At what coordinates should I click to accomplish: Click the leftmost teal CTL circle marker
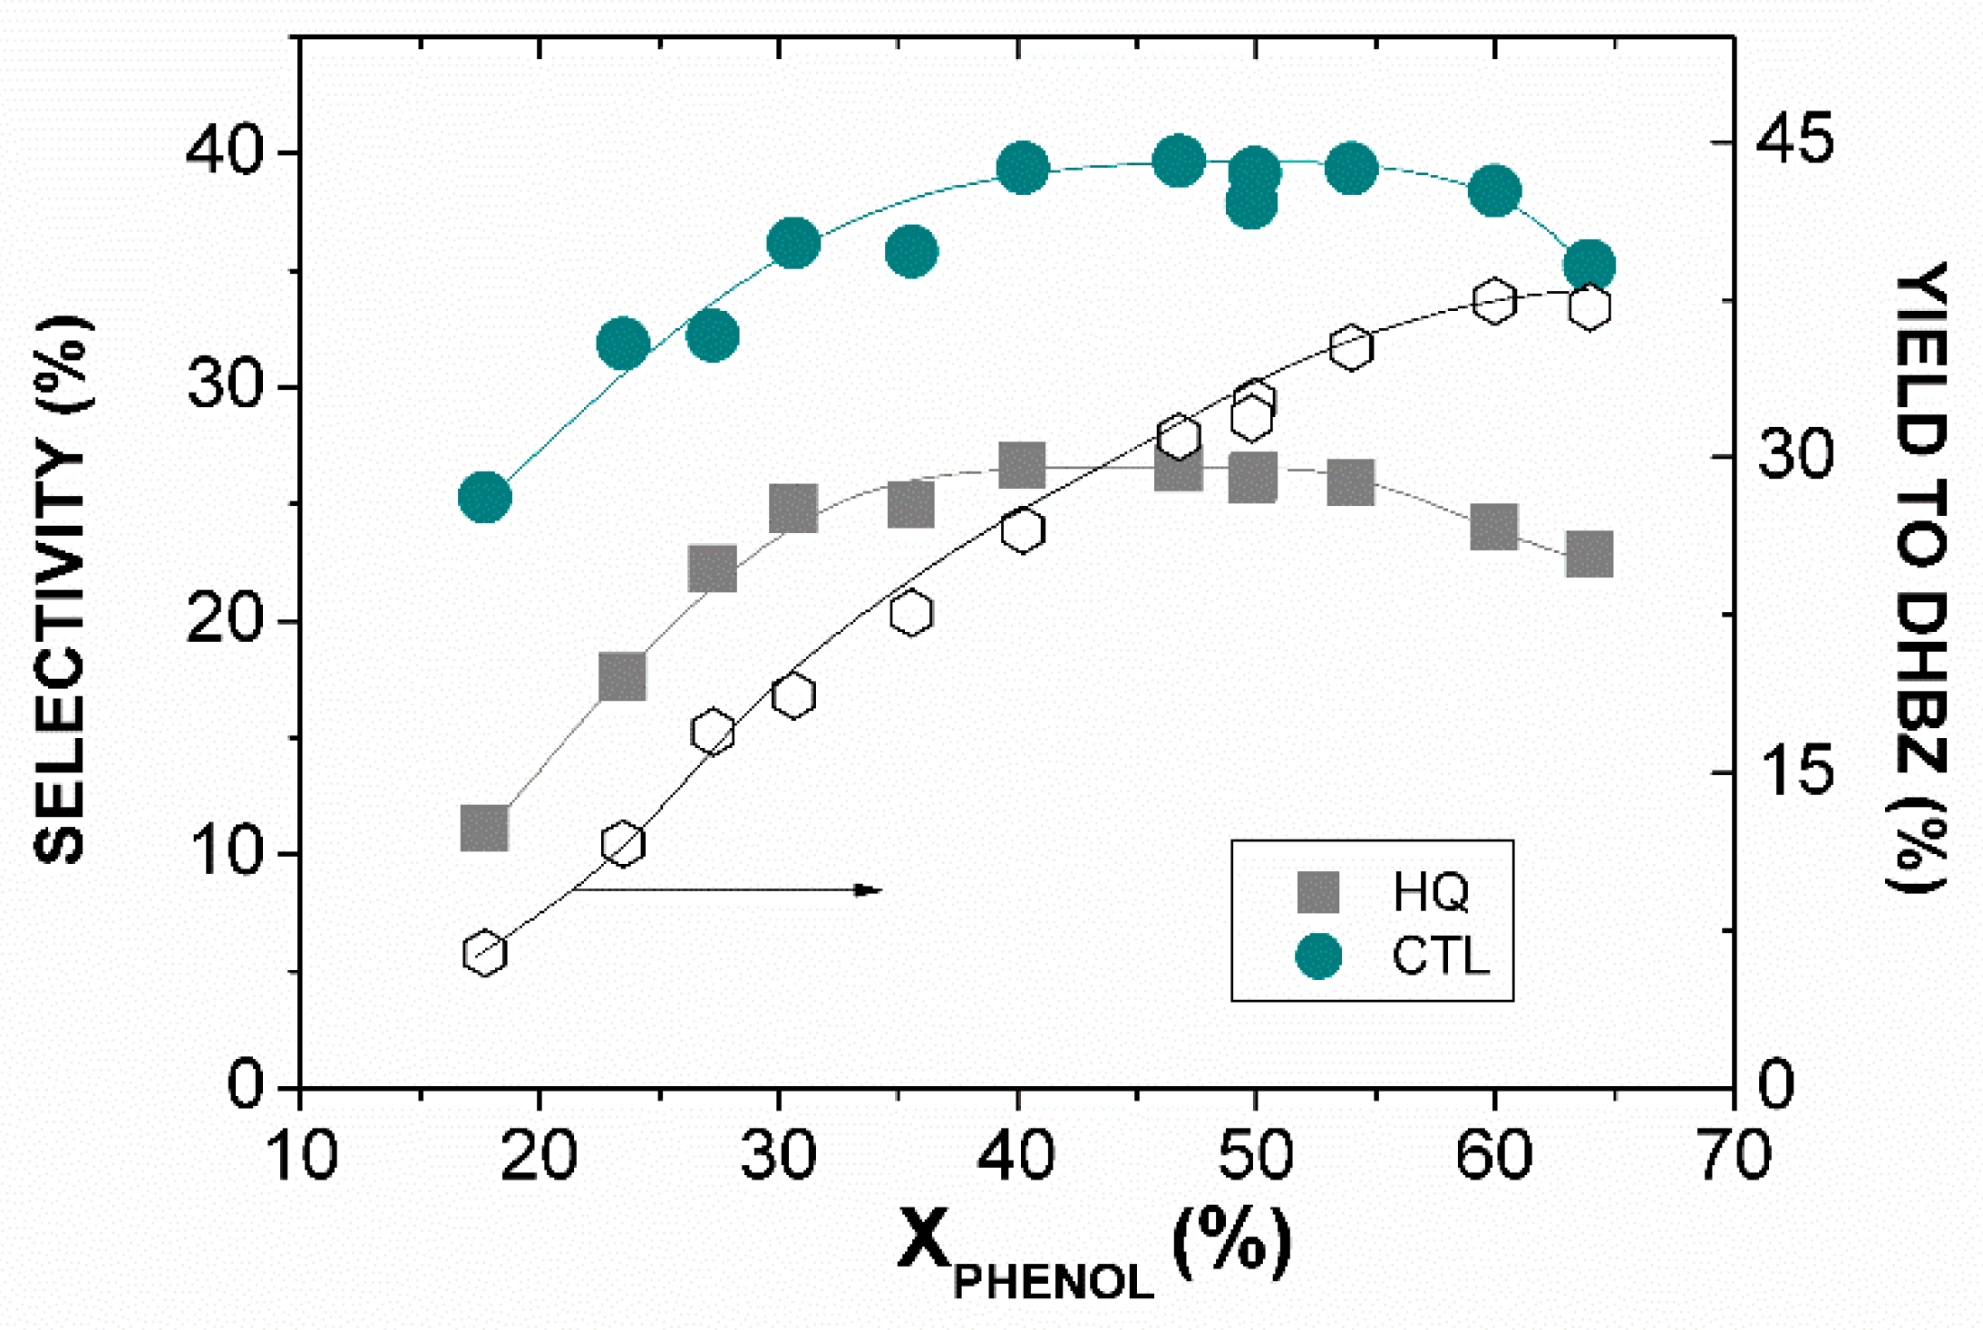pos(485,497)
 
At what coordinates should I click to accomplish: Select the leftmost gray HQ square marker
pos(484,827)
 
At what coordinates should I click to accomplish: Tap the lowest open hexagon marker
pos(484,953)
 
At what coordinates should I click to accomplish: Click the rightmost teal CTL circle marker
pos(1589,266)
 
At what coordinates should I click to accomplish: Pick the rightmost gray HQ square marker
pos(1589,554)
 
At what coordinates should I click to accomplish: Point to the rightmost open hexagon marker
pos(1589,306)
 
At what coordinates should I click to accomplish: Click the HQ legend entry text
pos(1431,892)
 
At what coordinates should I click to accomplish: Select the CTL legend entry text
pos(1441,956)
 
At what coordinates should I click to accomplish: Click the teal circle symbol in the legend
pos(1318,956)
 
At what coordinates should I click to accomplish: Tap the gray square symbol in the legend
pos(1318,892)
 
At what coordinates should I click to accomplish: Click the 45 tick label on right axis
pos(1794,141)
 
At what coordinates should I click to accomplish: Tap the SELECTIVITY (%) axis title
pos(62,589)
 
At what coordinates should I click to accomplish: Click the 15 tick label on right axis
pos(1794,772)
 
